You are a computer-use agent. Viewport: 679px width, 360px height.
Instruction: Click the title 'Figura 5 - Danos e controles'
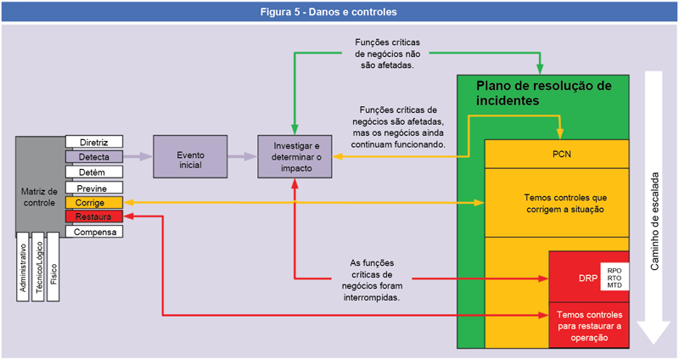point(339,13)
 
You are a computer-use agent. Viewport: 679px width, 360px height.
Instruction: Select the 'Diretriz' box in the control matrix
point(94,141)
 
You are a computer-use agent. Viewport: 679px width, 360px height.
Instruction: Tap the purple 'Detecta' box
point(94,157)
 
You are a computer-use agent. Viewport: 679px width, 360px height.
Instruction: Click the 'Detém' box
point(94,172)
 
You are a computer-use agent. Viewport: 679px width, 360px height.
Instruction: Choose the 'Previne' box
point(94,188)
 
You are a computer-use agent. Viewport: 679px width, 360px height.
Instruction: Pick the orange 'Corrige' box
point(94,203)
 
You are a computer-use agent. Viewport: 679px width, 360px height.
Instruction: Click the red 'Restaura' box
point(94,217)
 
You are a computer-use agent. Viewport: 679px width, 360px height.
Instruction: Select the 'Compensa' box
point(94,232)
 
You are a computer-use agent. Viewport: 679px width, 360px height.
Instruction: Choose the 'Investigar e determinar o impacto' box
point(295,156)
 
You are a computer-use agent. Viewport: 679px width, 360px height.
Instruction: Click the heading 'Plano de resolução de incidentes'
point(543,93)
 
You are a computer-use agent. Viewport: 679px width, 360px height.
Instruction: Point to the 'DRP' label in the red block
point(575,277)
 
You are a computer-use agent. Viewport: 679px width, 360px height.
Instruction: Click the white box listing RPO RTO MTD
point(614,277)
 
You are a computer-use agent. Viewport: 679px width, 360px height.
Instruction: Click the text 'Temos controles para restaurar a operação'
point(589,326)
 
